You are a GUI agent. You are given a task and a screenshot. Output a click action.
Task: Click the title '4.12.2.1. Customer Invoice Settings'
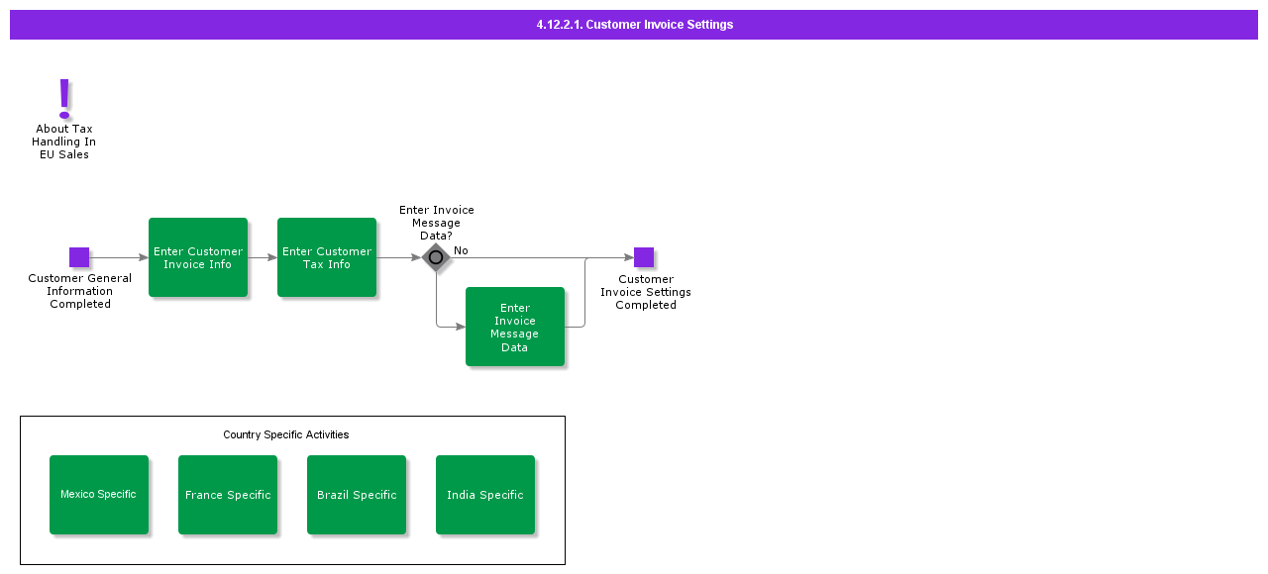coord(634,25)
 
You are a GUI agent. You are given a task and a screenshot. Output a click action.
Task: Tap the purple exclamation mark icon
coord(65,98)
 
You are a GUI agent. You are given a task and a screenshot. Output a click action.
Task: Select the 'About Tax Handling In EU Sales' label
coord(64,142)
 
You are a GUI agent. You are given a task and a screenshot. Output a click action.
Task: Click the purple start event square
coord(79,257)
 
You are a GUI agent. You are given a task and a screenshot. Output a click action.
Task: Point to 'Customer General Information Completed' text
coord(79,292)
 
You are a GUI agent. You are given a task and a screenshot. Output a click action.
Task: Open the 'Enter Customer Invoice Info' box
coord(198,257)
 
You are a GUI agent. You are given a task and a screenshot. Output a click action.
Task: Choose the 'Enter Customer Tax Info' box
coord(327,257)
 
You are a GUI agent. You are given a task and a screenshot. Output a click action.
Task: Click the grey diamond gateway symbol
coord(436,257)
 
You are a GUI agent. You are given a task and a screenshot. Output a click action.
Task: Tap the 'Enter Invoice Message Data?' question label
coord(437,223)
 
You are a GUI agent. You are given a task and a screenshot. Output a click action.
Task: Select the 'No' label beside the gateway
coord(461,250)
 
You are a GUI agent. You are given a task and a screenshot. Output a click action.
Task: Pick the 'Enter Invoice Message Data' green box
coord(515,327)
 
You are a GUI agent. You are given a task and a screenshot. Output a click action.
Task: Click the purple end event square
coord(644,257)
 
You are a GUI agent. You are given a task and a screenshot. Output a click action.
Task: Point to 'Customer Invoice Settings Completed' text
coord(646,292)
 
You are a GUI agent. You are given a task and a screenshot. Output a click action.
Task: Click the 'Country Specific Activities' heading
coord(285,434)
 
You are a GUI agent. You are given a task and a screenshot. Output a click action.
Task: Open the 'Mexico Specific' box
coord(99,495)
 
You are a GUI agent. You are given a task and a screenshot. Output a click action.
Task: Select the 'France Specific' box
coord(228,495)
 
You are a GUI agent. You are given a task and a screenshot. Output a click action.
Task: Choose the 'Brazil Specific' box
coord(357,495)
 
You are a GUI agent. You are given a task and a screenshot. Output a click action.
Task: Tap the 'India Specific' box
coord(485,495)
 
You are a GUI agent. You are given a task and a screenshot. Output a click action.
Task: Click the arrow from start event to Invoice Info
coord(119,257)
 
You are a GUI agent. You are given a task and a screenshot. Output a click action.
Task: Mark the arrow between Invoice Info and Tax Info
coord(263,257)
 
